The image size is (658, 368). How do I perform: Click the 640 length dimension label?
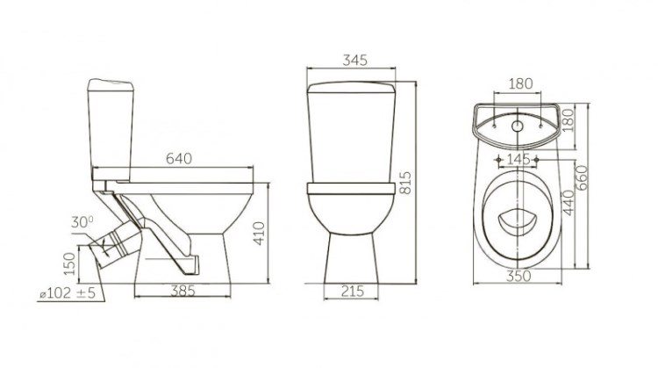(x=179, y=158)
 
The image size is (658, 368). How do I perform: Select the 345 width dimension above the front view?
(x=354, y=60)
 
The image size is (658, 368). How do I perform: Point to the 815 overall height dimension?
(x=405, y=183)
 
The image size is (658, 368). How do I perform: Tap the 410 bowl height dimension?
(x=259, y=234)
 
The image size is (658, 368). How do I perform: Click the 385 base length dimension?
(x=182, y=291)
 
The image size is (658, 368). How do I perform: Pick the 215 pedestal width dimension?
(x=352, y=291)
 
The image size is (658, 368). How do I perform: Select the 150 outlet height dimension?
(x=69, y=263)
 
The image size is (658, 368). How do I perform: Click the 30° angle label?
(x=82, y=222)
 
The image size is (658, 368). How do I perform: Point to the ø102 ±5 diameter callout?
(x=68, y=292)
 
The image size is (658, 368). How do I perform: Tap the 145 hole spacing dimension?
(x=518, y=160)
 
